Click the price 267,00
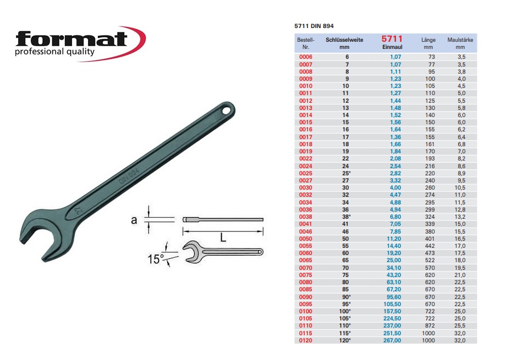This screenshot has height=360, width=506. tap(393, 340)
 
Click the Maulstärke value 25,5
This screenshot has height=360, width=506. tap(461, 326)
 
